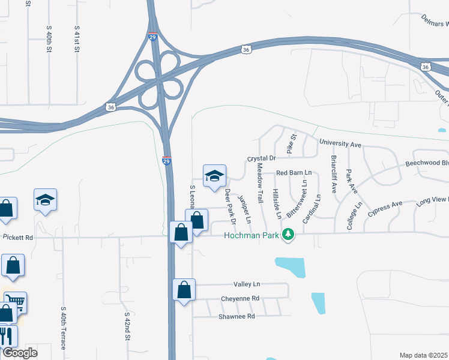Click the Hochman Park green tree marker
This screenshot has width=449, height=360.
click(289, 235)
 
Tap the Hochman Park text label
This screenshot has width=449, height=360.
click(252, 235)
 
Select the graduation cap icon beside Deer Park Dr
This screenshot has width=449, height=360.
click(214, 176)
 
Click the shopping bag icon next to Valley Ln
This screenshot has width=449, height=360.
click(184, 290)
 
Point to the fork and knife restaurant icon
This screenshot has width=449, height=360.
click(5, 334)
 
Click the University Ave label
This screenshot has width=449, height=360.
click(340, 145)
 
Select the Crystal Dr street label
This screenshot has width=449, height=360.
click(261, 158)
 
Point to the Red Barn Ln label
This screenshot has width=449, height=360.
click(294, 173)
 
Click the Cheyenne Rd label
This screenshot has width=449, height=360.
click(240, 298)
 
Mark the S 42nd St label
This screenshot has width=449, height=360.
click(127, 326)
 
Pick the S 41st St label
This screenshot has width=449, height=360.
click(77, 39)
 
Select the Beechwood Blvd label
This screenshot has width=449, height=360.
click(427, 163)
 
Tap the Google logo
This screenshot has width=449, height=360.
click(20, 353)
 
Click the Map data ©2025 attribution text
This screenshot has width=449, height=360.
click(424, 355)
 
